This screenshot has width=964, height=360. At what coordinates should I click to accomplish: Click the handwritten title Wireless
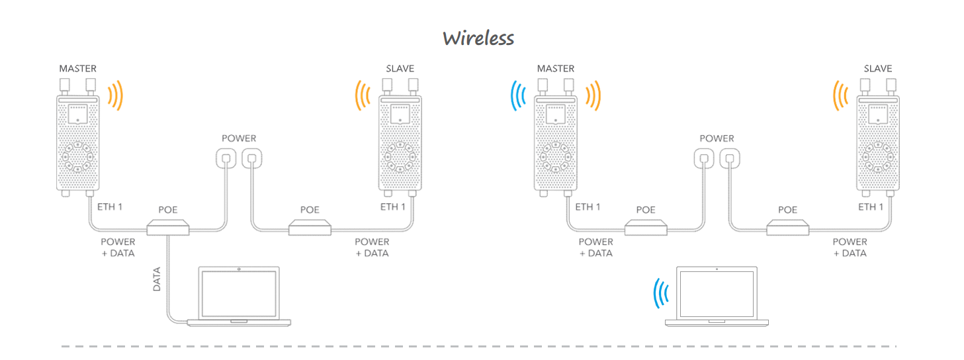(x=478, y=38)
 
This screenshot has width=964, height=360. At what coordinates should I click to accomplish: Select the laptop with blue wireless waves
(x=717, y=296)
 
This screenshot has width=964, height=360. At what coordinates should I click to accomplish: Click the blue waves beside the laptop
(x=660, y=293)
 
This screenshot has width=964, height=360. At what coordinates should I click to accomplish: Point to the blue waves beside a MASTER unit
(x=517, y=95)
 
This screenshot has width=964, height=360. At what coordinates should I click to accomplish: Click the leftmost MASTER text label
(x=77, y=69)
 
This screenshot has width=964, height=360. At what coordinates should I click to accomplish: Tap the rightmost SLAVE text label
(x=878, y=69)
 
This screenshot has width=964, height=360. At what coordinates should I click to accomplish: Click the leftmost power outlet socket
(x=227, y=159)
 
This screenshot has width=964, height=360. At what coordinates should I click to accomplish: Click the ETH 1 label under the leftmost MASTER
(x=110, y=207)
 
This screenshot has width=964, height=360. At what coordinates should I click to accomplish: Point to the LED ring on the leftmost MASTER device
(x=77, y=156)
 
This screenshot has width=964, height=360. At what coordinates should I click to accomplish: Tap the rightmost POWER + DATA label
(x=850, y=247)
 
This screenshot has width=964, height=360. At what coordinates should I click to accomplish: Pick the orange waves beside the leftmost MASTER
(x=115, y=95)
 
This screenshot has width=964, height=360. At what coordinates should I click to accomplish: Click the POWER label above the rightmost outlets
(x=717, y=139)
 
